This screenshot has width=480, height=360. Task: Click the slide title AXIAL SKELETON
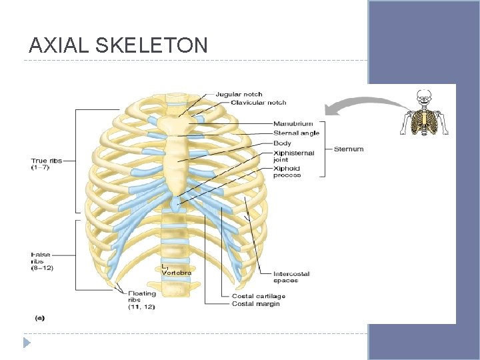[118, 45]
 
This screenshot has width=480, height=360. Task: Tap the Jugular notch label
[239, 95]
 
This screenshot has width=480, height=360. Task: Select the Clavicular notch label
[258, 103]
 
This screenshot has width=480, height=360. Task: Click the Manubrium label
[293, 123]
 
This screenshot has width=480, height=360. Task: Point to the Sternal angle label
[296, 133]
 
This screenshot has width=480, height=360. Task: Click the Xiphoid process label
[287, 171]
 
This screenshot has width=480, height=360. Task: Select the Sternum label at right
[349, 149]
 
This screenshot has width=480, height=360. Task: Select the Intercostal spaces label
[291, 277]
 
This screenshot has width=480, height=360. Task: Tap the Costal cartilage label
[258, 296]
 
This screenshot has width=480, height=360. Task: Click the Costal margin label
[255, 304]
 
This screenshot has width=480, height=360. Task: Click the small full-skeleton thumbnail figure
[424, 113]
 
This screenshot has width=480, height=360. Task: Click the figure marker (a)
[40, 318]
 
